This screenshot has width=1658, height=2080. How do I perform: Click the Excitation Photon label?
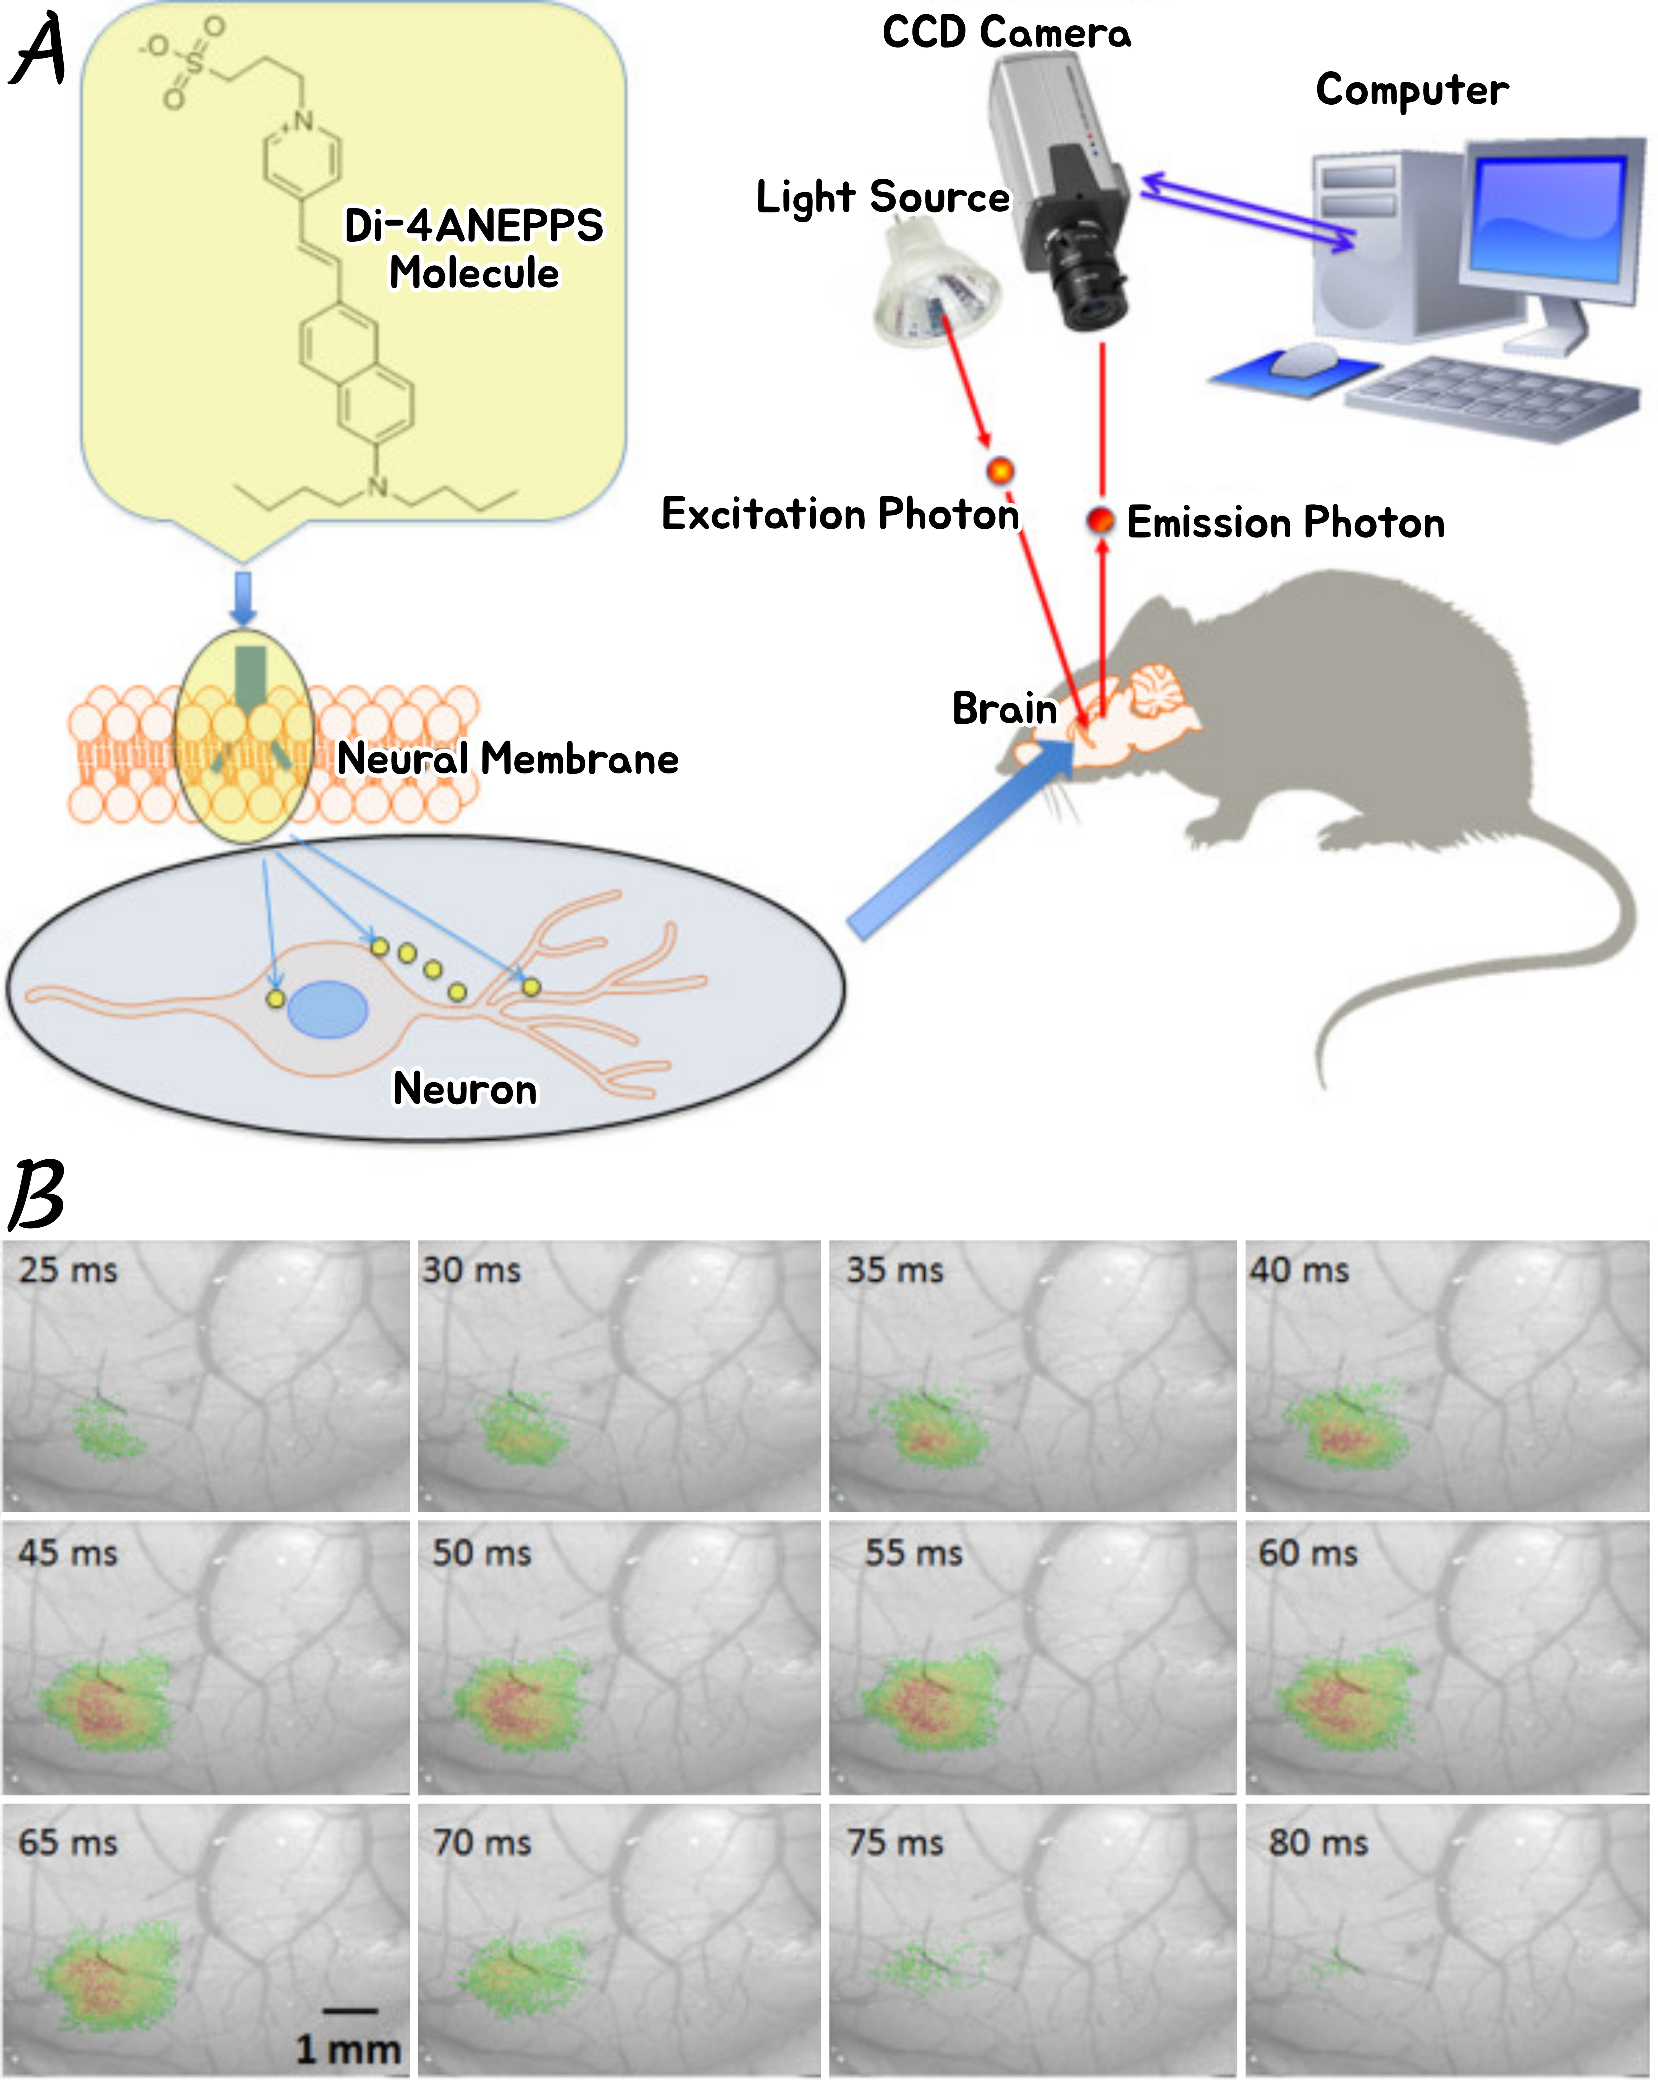pos(840,514)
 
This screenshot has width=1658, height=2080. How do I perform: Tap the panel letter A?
pos(39,53)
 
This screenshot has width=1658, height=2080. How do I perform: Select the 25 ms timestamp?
pos(67,1270)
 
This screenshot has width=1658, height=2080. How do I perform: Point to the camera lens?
pos(1090,289)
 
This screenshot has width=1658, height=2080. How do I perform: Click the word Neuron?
pos(464,1089)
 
